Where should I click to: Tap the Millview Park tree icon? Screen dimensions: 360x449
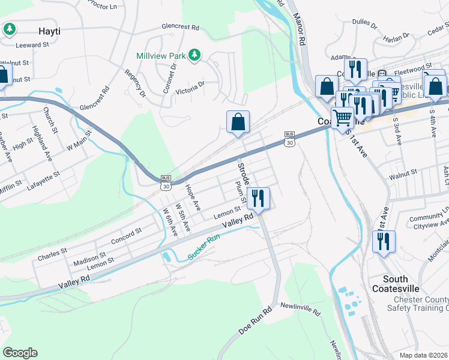tap(194, 55)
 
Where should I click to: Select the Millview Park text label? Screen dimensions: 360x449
tap(161, 56)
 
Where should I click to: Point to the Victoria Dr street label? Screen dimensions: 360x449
tap(190, 88)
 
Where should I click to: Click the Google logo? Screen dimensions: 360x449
tap(20, 353)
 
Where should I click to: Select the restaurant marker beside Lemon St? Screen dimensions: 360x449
tap(258, 199)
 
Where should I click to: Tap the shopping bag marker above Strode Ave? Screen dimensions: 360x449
tap(238, 122)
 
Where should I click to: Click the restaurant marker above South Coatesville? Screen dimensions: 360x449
tap(382, 241)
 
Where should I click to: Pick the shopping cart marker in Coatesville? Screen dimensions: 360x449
tap(342, 118)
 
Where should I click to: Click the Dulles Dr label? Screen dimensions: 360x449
tap(364, 25)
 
